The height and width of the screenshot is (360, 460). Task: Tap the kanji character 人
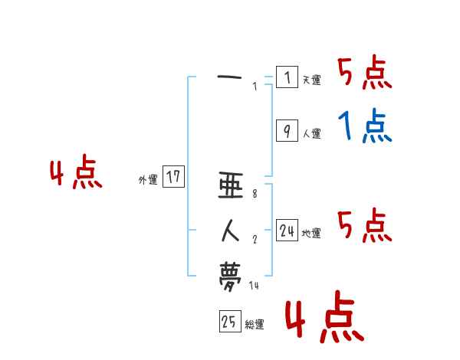[230, 230]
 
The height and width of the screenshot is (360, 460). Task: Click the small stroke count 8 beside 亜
[255, 194]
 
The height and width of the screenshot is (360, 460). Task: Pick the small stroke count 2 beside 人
[255, 240]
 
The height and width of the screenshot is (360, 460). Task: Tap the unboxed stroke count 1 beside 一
[255, 87]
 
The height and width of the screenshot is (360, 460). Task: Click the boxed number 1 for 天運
[286, 77]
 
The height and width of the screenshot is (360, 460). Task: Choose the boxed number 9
[286, 131]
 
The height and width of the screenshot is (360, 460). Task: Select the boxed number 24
[287, 231]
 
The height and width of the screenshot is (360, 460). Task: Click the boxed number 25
[229, 322]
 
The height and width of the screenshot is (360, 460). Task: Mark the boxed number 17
[173, 178]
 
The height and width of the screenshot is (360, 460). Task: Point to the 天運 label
[311, 80]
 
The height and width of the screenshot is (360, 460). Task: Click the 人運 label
[311, 133]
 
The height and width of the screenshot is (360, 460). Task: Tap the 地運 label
[311, 233]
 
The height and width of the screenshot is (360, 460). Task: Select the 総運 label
[254, 325]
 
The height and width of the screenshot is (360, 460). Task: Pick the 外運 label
[148, 180]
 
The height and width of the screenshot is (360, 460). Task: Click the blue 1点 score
[364, 126]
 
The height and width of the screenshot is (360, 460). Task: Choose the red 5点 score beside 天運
[364, 74]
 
